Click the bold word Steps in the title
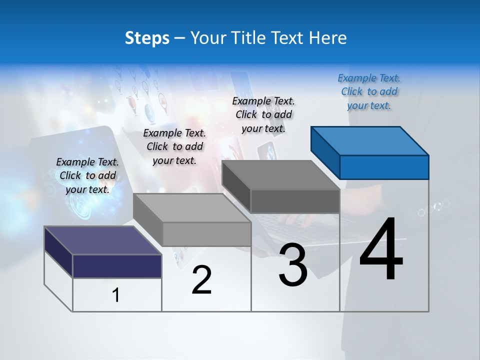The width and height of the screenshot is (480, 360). (147, 38)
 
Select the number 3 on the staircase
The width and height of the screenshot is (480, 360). (293, 265)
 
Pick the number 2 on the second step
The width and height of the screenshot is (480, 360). (201, 280)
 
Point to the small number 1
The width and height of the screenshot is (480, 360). (116, 295)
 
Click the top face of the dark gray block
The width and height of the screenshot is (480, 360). (281, 175)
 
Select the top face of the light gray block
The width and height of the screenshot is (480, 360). (192, 208)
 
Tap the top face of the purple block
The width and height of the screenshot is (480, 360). (103, 240)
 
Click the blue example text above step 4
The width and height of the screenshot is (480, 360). (369, 91)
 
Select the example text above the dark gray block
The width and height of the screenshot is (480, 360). (263, 114)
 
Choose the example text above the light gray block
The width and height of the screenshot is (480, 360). (174, 146)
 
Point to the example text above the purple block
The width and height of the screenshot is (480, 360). (87, 175)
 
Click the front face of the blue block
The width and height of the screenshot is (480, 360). (384, 167)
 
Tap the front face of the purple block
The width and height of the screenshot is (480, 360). (117, 266)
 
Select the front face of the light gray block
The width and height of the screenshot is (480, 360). (206, 234)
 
